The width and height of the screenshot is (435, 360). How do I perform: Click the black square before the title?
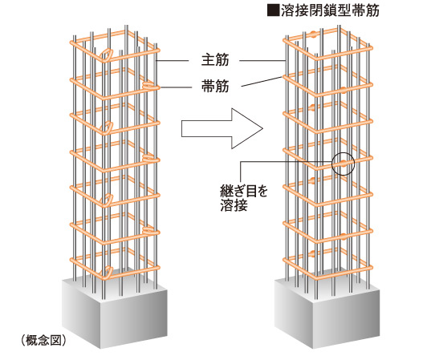point(276,11)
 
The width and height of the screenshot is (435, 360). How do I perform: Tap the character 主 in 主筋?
point(200,60)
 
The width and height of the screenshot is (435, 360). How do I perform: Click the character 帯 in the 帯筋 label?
point(200,85)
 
